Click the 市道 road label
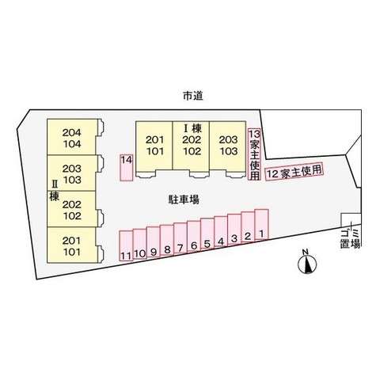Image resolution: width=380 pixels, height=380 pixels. coord(193,96)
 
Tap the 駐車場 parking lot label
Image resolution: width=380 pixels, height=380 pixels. coord(184,199)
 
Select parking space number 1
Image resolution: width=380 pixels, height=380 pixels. coord(262,225)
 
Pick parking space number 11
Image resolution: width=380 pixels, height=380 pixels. coord(126,246)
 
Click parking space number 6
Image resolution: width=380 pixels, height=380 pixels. coord(194,236)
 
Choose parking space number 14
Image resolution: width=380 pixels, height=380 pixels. coord(127,168)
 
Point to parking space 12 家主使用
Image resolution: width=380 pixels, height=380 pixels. coord(294,171)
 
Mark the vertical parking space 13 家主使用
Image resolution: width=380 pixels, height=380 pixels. coord(254,154)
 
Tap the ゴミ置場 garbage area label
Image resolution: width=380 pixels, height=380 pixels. coord(350,238)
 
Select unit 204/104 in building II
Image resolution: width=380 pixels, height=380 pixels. coord(71,137)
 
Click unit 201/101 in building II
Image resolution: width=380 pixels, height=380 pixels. coord(71,245)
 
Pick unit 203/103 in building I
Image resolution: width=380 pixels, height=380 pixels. coord(228,145)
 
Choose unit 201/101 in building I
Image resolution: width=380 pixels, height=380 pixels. coord(154,145)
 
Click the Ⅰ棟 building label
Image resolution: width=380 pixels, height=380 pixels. coord(192,128)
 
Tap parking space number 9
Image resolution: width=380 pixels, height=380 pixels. coord(154,241)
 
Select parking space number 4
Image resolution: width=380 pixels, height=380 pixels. coord(221,230)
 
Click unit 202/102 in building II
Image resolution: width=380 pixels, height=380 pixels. coord(71,209)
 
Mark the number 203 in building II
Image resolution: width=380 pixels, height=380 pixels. coord(72,169)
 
